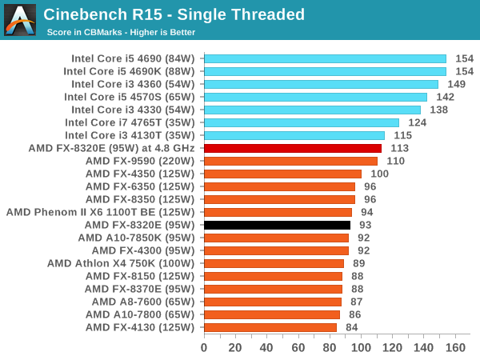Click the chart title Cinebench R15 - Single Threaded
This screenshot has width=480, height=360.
point(174,14)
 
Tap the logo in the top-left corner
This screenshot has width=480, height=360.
point(20,20)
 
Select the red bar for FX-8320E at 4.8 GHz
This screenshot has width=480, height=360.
point(293,148)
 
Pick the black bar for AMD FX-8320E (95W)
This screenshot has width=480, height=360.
point(277,225)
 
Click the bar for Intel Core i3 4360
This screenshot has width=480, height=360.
point(321,84)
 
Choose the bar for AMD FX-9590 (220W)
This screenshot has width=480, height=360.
point(290,161)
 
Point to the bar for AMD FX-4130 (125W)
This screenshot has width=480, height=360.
point(270,327)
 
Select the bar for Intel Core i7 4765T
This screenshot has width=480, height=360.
point(302,122)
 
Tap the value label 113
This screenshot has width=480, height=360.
point(400,148)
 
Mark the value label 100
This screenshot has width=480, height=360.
point(379,174)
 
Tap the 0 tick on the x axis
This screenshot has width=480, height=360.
point(204,348)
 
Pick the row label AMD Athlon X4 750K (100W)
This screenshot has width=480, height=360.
point(120,263)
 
